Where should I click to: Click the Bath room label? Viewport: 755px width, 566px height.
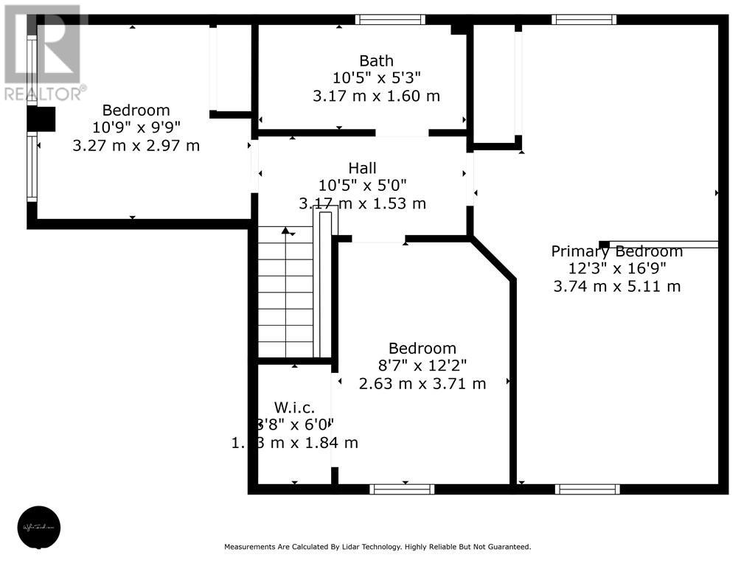click(376, 60)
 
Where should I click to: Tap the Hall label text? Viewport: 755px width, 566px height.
click(362, 169)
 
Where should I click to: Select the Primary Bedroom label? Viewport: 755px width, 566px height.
click(617, 251)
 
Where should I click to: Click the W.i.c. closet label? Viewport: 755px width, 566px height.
click(294, 407)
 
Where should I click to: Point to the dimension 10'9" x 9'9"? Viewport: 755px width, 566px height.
click(136, 127)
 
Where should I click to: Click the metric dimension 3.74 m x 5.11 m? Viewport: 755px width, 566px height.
click(617, 286)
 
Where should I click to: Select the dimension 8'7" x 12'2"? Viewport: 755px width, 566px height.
click(422, 366)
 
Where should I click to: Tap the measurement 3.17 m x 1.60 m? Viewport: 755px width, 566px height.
click(376, 96)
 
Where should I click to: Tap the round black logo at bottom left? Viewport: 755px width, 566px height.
click(38, 527)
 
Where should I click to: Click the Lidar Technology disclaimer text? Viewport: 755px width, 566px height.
click(377, 547)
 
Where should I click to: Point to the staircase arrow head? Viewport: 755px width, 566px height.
click(286, 231)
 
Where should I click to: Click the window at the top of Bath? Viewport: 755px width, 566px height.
click(390, 20)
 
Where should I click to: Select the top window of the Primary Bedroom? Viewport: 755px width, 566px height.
click(584, 20)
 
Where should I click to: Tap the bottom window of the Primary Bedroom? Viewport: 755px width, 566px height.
click(588, 489)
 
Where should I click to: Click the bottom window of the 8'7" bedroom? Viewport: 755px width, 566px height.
click(402, 489)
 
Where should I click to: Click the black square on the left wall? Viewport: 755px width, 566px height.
click(41, 119)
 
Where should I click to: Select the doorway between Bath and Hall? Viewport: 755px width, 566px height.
click(402, 133)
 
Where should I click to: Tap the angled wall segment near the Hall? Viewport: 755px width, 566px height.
click(493, 259)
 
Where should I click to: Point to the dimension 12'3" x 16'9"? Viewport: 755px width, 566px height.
click(617, 269)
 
